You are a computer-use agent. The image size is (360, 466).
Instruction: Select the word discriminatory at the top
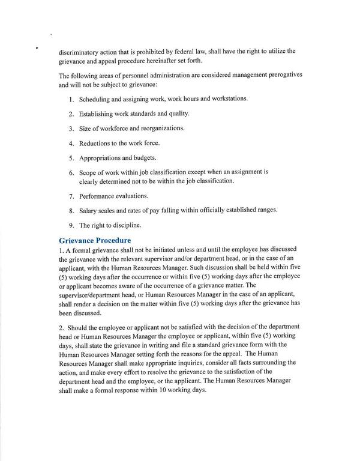79,51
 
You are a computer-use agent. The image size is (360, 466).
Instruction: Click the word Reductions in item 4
97,144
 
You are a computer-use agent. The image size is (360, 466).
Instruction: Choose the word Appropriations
103,159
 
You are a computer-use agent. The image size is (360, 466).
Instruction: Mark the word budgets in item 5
143,159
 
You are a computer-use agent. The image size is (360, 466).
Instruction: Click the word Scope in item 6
89,172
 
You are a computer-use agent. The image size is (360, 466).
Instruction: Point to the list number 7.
71,196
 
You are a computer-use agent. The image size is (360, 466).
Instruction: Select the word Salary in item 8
89,211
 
